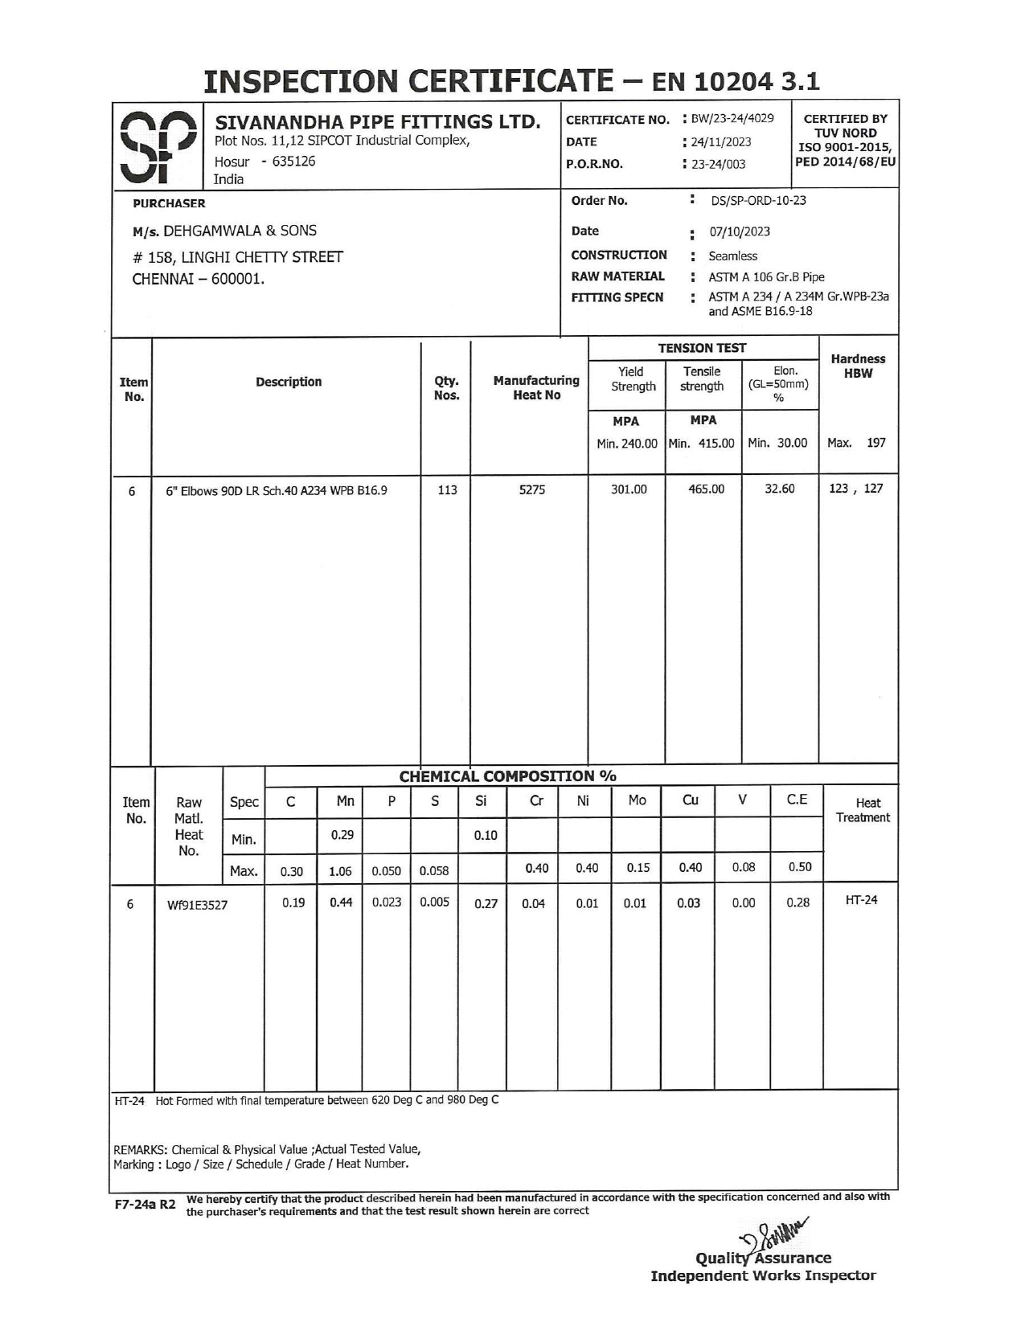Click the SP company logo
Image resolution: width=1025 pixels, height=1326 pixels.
158,145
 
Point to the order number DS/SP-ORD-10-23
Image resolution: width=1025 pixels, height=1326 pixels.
758,201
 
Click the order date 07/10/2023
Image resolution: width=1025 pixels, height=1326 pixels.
739,232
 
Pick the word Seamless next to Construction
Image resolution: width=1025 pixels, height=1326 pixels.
732,256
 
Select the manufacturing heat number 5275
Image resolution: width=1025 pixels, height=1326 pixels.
531,489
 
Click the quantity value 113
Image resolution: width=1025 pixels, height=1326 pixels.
447,489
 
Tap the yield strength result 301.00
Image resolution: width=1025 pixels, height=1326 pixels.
629,489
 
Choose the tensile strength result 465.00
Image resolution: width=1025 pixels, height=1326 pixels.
706,489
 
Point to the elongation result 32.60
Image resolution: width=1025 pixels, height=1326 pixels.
779,489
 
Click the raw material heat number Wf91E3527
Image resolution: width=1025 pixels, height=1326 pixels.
197,906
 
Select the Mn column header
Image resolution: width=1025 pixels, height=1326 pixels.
345,801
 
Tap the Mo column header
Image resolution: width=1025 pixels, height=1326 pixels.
637,800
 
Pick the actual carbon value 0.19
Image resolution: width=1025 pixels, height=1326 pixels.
293,903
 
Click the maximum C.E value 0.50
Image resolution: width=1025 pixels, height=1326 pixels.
799,867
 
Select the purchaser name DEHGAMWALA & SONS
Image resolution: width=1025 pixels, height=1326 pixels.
240,231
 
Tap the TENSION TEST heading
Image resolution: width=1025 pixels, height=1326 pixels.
702,348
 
